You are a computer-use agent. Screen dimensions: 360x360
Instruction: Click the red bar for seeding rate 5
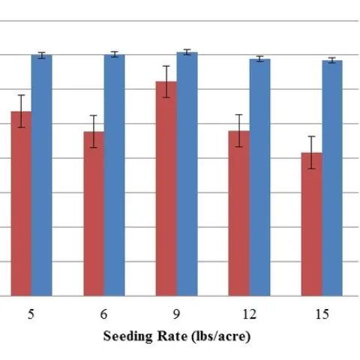click(x=21, y=204)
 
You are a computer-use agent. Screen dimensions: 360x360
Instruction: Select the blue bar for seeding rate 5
click(x=41, y=175)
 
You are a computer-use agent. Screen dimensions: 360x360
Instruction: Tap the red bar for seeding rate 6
click(x=94, y=214)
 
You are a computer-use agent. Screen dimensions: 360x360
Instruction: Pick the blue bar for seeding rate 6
click(x=114, y=175)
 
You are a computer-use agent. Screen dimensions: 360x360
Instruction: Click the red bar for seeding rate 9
click(x=166, y=189)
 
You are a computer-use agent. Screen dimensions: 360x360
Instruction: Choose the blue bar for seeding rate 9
click(x=187, y=174)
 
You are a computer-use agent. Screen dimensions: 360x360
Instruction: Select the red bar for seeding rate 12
click(x=239, y=214)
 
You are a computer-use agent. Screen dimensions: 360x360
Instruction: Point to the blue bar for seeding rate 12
click(x=259, y=178)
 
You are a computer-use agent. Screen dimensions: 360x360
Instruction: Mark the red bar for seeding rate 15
click(x=311, y=224)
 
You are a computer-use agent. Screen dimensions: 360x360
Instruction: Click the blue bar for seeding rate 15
click(x=332, y=178)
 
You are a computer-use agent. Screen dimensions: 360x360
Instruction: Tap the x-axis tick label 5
click(x=31, y=315)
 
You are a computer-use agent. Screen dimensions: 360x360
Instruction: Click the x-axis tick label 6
click(x=103, y=315)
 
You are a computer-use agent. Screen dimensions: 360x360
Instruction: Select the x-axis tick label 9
click(x=176, y=315)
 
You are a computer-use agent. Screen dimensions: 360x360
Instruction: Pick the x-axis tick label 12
click(x=249, y=315)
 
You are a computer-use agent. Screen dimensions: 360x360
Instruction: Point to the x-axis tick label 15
click(x=322, y=315)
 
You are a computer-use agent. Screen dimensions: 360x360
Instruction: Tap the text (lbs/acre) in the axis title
click(x=220, y=337)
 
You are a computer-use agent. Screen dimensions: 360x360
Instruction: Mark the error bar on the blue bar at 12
click(x=259, y=58)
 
